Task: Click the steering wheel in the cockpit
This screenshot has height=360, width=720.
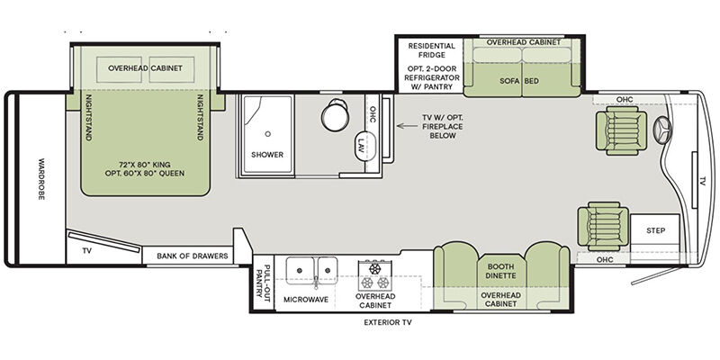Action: pos(663,130)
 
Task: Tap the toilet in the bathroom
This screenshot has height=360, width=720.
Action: pos(336,115)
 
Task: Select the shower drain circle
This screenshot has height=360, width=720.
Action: pos(267,133)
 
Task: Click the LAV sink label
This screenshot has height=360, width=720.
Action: pos(362,147)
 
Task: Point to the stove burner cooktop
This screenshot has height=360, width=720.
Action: pos(376,275)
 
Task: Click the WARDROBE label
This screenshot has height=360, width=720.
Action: pos(41,179)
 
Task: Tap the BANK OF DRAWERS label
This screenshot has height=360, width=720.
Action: pos(193,256)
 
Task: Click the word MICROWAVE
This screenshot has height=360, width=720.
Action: pos(306,300)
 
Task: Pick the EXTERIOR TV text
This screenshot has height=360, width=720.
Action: pos(388,322)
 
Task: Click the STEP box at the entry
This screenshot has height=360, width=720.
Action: pos(655,230)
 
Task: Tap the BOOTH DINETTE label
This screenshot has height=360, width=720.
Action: pos(501,271)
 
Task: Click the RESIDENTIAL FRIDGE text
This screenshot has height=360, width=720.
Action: pos(432,50)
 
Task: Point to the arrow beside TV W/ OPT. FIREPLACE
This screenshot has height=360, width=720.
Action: pos(407,126)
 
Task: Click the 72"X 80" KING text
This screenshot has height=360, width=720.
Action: pos(144,164)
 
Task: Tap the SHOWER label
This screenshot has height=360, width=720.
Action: pos(267,155)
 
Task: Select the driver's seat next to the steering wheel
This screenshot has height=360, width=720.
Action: pos(621,130)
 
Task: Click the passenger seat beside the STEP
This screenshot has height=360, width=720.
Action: pos(603,226)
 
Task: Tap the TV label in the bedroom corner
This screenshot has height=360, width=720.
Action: pos(86,251)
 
